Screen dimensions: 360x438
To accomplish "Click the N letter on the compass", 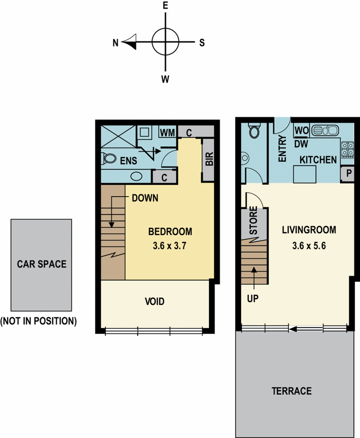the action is (116, 43).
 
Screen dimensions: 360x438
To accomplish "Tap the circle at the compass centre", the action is (165, 42).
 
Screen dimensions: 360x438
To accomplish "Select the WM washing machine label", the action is (167, 132).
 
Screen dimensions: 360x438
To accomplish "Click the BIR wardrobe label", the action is (209, 158).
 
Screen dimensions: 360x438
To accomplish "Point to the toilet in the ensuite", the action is (109, 158).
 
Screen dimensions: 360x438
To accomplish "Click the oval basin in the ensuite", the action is (136, 176).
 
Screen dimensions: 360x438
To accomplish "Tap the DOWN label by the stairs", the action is (145, 198).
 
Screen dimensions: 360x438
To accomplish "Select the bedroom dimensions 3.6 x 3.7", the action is (170, 245).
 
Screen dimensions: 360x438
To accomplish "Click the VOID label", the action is (155, 302).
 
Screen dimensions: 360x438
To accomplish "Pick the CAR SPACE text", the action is (41, 264).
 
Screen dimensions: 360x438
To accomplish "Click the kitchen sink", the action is (325, 130).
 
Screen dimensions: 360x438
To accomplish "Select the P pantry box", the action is (348, 174).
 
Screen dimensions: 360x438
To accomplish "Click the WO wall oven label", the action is (301, 131).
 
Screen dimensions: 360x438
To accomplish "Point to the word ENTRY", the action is (283, 149).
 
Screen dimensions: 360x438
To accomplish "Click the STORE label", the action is (253, 221).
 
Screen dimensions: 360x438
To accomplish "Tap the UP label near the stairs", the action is (253, 298).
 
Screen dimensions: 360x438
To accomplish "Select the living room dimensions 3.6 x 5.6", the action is (309, 245).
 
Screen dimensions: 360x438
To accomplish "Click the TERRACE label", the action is (292, 391).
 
